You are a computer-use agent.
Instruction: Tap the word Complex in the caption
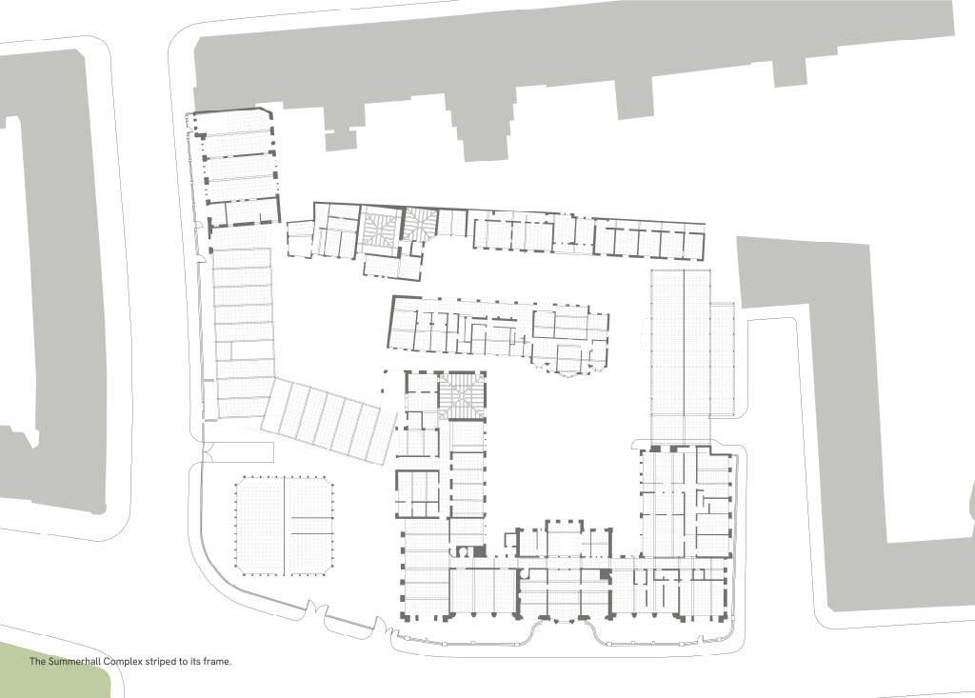[123, 662]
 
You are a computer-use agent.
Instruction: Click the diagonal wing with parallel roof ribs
[328, 422]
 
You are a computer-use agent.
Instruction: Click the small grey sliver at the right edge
[972, 504]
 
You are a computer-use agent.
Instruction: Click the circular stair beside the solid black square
[463, 551]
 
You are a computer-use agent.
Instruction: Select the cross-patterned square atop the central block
[461, 395]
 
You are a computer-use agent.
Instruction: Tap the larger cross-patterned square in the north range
[381, 229]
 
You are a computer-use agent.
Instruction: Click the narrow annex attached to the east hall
[723, 359]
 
